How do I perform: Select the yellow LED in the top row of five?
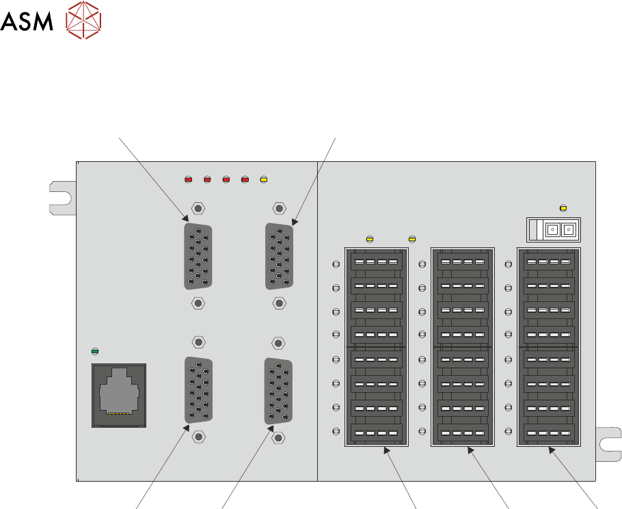[x=264, y=180]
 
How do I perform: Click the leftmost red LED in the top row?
[x=189, y=180]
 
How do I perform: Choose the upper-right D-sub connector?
[x=279, y=256]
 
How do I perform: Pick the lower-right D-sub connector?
[x=278, y=390]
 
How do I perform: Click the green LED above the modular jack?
[x=96, y=351]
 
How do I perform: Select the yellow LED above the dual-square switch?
[x=563, y=208]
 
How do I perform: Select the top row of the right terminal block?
[x=549, y=262]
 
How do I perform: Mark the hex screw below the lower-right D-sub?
[x=278, y=437]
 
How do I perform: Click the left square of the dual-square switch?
[x=552, y=230]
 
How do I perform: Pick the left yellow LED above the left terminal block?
[x=370, y=239]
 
